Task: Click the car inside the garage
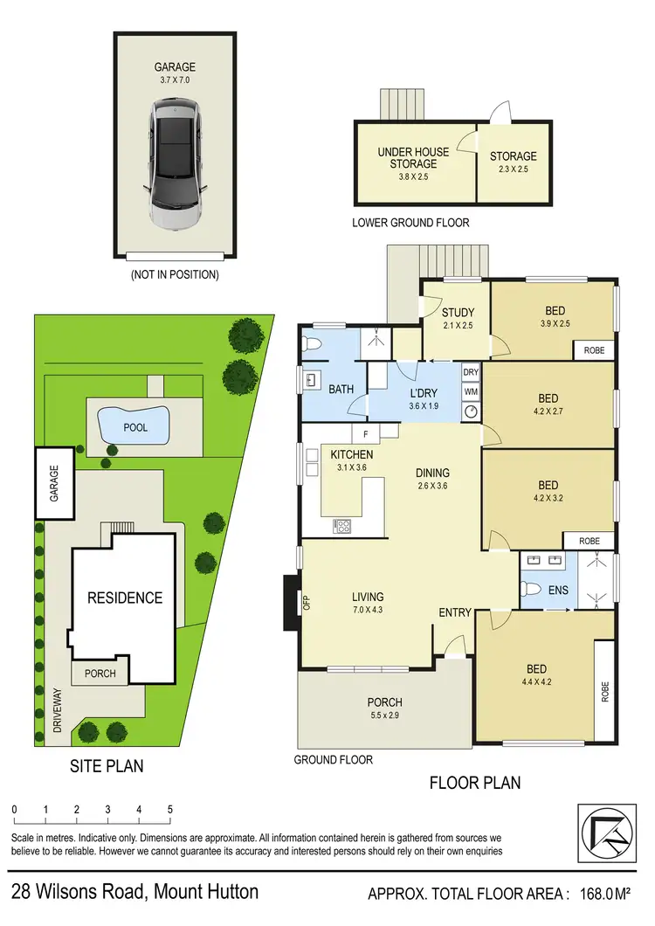[175, 163]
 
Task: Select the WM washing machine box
[471, 390]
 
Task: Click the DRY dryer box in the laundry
[471, 372]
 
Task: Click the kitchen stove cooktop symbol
[342, 526]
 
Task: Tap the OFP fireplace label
[307, 602]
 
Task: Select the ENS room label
[558, 591]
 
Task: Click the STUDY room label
[457, 313]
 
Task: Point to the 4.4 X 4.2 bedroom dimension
[536, 683]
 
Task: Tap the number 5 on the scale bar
[170, 809]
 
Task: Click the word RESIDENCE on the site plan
[124, 598]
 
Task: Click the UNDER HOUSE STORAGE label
[413, 157]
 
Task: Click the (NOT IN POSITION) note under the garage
[175, 274]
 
